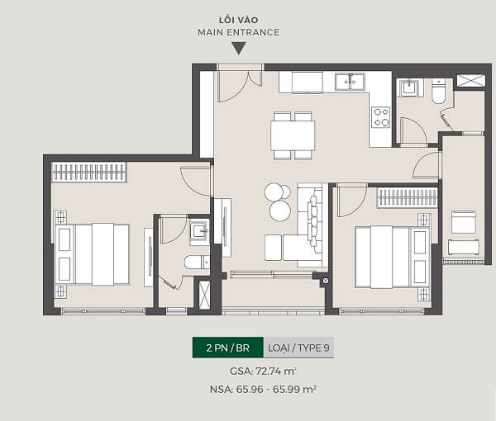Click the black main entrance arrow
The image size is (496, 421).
pyautogui.click(x=239, y=49)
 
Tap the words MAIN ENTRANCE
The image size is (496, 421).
pyautogui.click(x=239, y=32)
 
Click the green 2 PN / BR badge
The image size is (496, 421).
pyautogui.click(x=228, y=348)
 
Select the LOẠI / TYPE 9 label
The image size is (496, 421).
pyautogui.click(x=298, y=348)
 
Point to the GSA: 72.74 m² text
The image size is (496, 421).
pyautogui.click(x=263, y=371)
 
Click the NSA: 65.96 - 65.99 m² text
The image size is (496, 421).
pyautogui.click(x=263, y=389)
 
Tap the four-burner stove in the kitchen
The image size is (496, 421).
pyautogui.click(x=380, y=117)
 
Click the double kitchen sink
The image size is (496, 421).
pyautogui.click(x=351, y=82)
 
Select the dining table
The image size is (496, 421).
pyautogui.click(x=293, y=135)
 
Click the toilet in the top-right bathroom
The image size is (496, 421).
pyautogui.click(x=438, y=92)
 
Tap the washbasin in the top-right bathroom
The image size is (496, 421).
pyautogui.click(x=409, y=88)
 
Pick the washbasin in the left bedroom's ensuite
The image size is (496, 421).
pyautogui.click(x=199, y=232)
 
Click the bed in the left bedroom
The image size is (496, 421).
pyautogui.click(x=92, y=254)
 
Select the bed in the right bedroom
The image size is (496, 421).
pyautogui.click(x=392, y=257)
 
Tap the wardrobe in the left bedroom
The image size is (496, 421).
pyautogui.click(x=89, y=173)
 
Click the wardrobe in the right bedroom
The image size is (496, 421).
pyautogui.click(x=408, y=198)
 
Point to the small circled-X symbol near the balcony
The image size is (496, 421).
pyautogui.click(x=326, y=281)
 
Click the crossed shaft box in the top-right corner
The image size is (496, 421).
pyautogui.click(x=471, y=81)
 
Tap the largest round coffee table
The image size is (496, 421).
pyautogui.click(x=280, y=211)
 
